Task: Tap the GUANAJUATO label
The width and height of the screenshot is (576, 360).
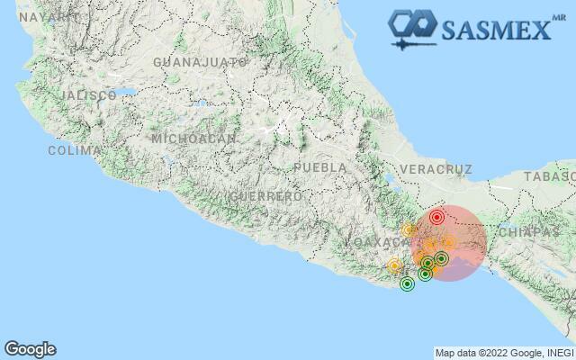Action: [x=200, y=62]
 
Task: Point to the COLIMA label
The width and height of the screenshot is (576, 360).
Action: [x=68, y=150]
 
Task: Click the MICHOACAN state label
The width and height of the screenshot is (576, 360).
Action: [x=194, y=139]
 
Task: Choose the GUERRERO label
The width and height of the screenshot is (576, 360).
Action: [x=265, y=195]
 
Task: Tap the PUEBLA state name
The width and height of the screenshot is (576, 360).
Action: [x=319, y=167]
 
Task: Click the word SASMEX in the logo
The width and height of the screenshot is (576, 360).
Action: [x=495, y=30]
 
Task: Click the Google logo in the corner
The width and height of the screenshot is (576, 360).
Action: [x=30, y=349]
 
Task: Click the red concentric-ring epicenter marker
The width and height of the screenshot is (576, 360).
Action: [x=436, y=217]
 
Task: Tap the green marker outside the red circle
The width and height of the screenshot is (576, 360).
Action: [x=407, y=284]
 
